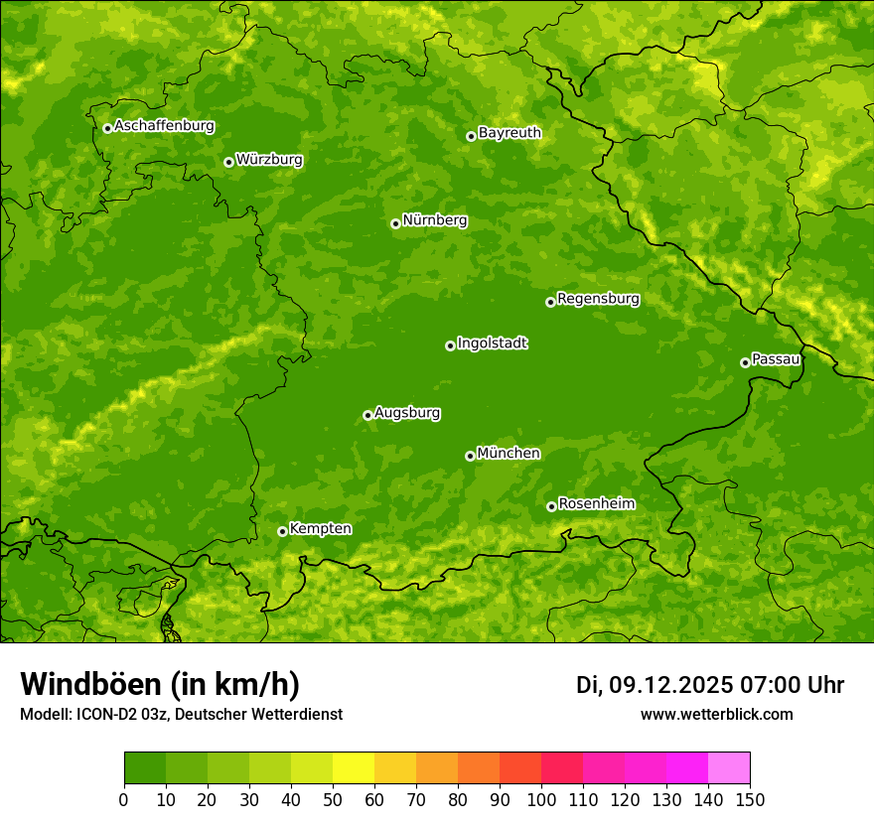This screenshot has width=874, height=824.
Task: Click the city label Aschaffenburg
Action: pyautogui.click(x=164, y=126)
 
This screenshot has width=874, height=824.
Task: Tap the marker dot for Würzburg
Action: pyautogui.click(x=228, y=162)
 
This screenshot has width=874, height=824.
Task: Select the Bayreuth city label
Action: pyautogui.click(x=510, y=133)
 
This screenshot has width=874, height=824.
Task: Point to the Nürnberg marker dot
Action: pyautogui.click(x=395, y=223)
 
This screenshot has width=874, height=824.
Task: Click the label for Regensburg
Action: pyautogui.click(x=598, y=299)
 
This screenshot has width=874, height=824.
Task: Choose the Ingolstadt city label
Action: pyautogui.click(x=492, y=343)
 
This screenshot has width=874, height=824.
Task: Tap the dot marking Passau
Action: pyautogui.click(x=745, y=362)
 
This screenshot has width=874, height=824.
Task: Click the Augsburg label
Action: pyautogui.click(x=407, y=413)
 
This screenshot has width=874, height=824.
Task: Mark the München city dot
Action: pyautogui.click(x=470, y=456)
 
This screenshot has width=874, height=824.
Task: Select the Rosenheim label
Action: pyautogui.click(x=596, y=504)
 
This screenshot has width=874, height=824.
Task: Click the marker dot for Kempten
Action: pyautogui.click(x=282, y=531)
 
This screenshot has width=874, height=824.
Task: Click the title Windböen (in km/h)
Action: pyautogui.click(x=160, y=685)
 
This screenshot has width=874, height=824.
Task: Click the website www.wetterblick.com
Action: pyautogui.click(x=716, y=715)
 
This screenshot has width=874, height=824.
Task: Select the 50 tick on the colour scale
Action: pyautogui.click(x=333, y=799)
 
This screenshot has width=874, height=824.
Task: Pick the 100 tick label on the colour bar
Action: pyautogui.click(x=541, y=799)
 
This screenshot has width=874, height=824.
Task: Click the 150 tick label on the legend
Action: pyautogui.click(x=750, y=799)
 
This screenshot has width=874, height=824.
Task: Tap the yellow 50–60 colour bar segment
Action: pyautogui.click(x=354, y=768)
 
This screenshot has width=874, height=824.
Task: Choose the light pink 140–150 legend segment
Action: pyautogui.click(x=729, y=768)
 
